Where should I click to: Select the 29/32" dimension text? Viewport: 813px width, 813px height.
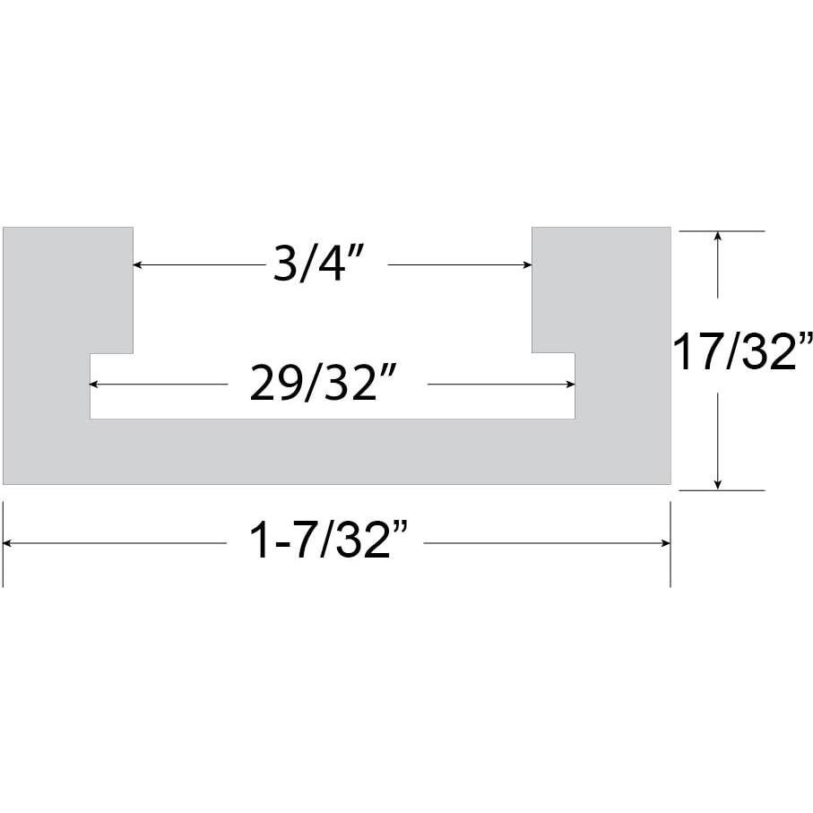[324, 385]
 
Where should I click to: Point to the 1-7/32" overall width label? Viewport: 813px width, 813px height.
[325, 542]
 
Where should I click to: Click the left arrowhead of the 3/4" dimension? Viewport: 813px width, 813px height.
[138, 264]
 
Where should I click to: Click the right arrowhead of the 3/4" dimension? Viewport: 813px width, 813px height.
[527, 264]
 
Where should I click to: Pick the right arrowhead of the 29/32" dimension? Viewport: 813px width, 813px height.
[570, 385]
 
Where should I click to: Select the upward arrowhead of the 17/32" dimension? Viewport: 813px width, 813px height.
[717, 238]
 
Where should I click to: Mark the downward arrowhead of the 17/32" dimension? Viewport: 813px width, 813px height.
[717, 484]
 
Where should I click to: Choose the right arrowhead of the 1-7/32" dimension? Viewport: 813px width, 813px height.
[665, 543]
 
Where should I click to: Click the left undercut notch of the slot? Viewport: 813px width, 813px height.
[111, 385]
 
